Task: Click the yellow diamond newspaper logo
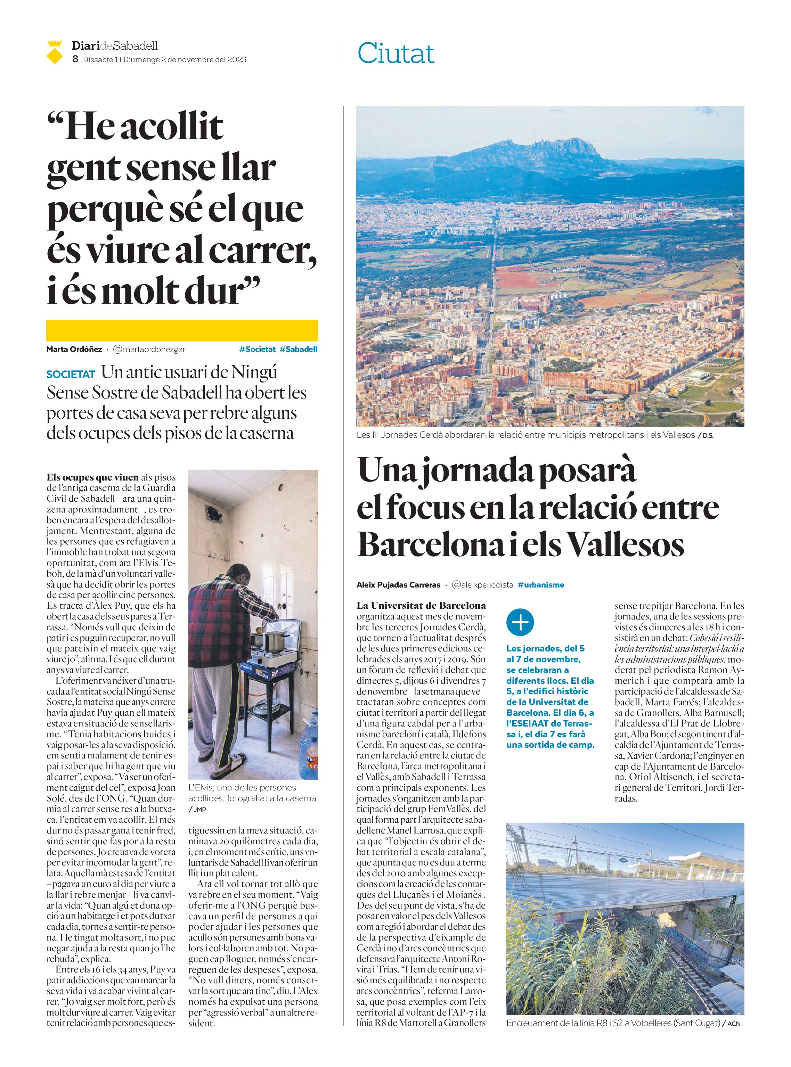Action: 55,53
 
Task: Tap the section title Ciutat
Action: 395,53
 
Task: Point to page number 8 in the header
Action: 75,59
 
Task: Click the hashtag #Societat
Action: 257,349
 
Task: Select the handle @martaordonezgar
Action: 149,349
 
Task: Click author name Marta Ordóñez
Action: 74,349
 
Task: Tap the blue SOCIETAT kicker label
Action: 71,374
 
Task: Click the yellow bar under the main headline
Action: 182,330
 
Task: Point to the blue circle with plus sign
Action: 520,622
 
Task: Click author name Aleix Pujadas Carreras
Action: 398,584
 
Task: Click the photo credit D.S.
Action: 708,436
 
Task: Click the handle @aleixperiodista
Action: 482,584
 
